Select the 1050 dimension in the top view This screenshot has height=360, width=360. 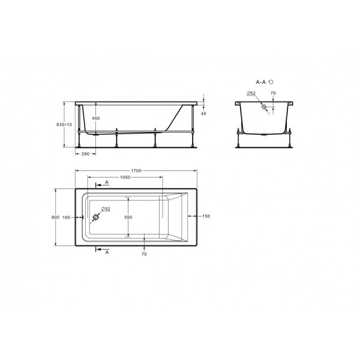click(125, 177)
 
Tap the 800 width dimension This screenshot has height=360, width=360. click(55, 217)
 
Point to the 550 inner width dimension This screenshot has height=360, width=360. click(128, 217)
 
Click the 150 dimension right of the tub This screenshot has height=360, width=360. click(206, 216)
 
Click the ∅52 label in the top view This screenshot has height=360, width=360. click(105, 208)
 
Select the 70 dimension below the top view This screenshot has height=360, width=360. click(144, 255)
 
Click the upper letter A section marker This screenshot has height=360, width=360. click(106, 181)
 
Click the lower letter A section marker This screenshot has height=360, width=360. click(106, 253)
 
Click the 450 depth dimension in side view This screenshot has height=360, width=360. click(95, 118)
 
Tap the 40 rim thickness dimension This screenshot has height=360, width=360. click(203, 113)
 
